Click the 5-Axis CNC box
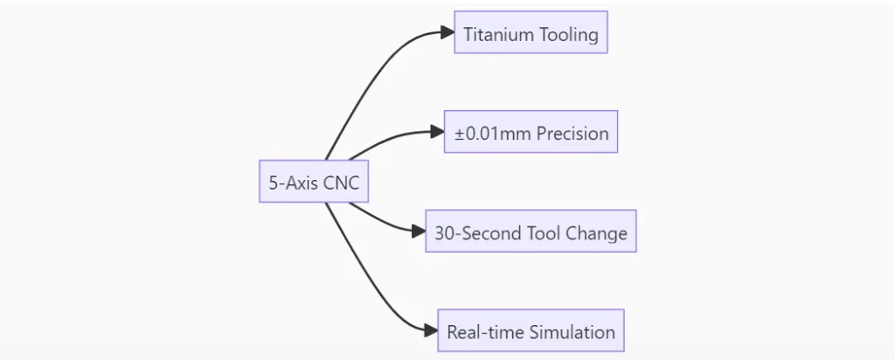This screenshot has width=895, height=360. click(x=314, y=181)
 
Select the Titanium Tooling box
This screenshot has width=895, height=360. click(x=531, y=32)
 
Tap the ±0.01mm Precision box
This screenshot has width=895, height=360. click(x=531, y=132)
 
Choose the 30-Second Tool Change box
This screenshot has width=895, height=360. click(x=531, y=231)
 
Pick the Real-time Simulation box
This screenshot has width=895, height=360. click(x=531, y=330)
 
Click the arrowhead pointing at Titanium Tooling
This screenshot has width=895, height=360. click(x=448, y=32)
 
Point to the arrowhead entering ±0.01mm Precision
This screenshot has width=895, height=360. click(x=438, y=132)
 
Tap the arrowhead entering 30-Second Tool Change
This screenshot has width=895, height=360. click(x=419, y=231)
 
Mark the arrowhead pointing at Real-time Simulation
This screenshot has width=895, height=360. click(x=432, y=330)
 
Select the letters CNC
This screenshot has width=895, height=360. click(x=342, y=183)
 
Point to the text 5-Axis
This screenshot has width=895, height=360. click(x=293, y=183)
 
